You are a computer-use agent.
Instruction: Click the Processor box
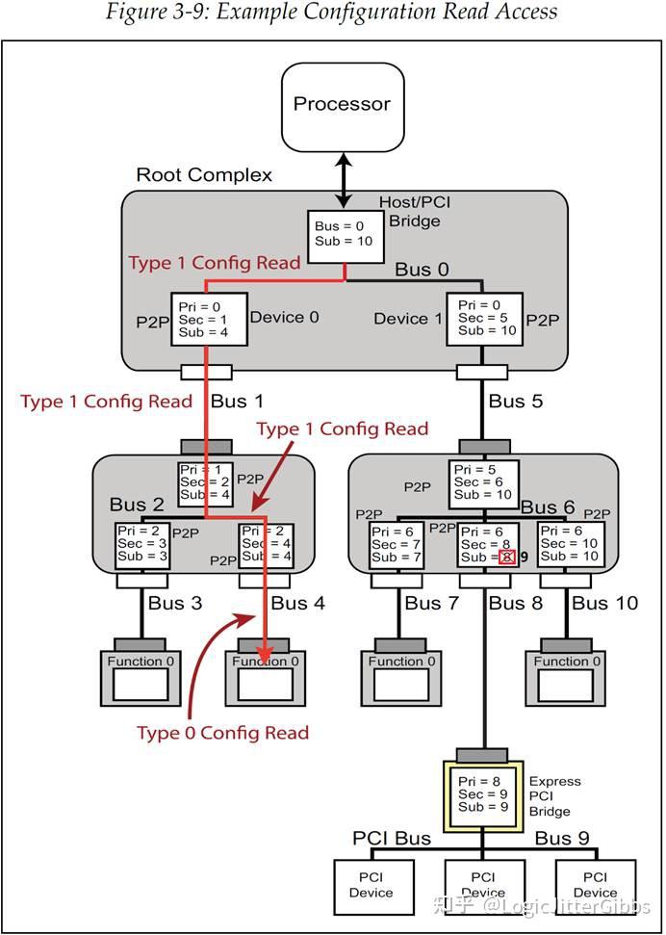pyautogui.click(x=342, y=105)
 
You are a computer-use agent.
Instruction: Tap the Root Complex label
pyautogui.click(x=204, y=175)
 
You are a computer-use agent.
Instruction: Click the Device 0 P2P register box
pyautogui.click(x=209, y=318)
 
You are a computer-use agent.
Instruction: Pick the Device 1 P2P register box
pyautogui.click(x=484, y=318)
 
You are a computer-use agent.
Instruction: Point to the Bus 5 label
pyautogui.click(x=515, y=401)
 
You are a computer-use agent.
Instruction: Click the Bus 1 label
pyautogui.click(x=237, y=401)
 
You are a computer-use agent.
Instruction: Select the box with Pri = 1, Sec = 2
pyautogui.click(x=206, y=482)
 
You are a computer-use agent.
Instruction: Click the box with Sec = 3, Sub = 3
pyautogui.click(x=142, y=545)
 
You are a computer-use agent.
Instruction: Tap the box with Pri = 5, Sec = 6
pyautogui.click(x=484, y=481)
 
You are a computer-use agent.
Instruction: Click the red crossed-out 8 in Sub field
pyautogui.click(x=506, y=557)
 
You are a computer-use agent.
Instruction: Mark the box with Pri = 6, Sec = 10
pyautogui.click(x=571, y=544)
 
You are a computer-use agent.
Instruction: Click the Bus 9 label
pyautogui.click(x=562, y=838)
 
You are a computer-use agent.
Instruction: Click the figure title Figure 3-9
pyautogui.click(x=332, y=13)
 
